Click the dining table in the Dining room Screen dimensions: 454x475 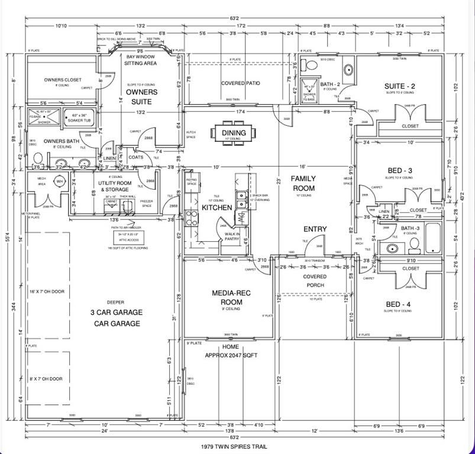tap(235, 132)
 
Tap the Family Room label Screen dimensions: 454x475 tap(303, 183)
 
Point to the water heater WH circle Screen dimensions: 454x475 tap(59, 182)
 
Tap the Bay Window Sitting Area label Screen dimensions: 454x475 tap(141, 59)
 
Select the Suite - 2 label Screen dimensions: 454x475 tap(399, 86)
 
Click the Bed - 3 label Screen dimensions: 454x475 tap(401, 171)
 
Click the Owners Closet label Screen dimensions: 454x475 tap(63, 80)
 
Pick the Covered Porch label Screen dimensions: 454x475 tap(315, 281)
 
